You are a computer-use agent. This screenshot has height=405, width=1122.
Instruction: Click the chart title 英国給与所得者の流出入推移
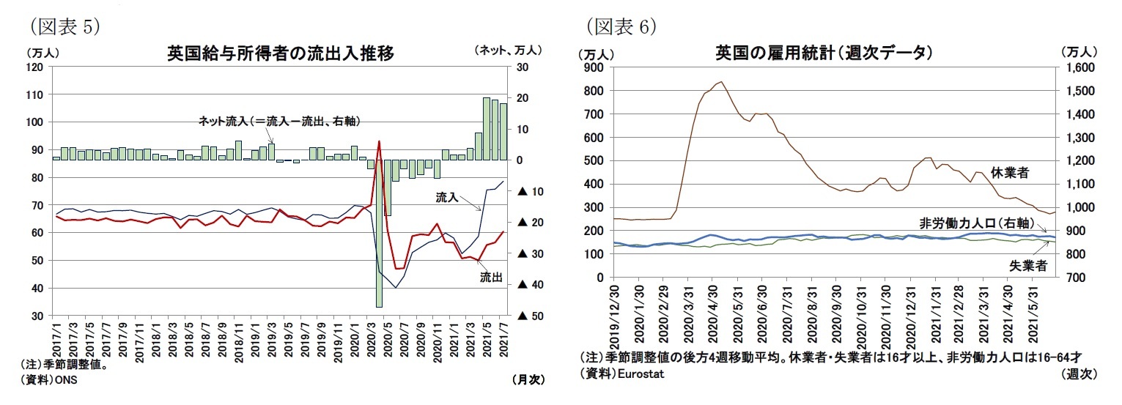tap(281, 53)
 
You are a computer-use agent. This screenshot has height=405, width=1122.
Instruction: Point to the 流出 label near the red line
tap(491, 278)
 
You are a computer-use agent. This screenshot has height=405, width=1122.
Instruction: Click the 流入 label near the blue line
tap(447, 197)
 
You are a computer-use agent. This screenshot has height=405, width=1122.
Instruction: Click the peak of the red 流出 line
tap(379, 141)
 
